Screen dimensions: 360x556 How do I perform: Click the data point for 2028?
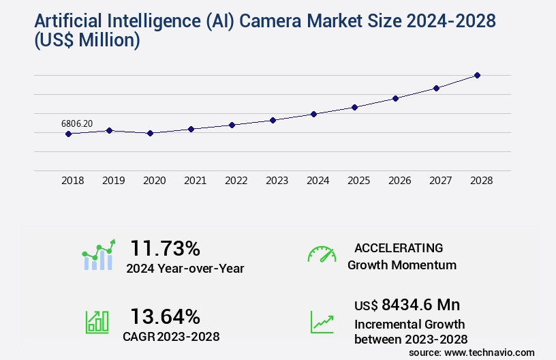[x=477, y=75]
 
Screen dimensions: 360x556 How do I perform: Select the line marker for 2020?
[x=150, y=133]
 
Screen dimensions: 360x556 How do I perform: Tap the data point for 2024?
[x=313, y=114]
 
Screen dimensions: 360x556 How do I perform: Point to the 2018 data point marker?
[x=68, y=134]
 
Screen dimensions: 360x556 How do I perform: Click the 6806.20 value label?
[x=77, y=123]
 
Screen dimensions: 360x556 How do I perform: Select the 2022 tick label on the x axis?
[x=236, y=181]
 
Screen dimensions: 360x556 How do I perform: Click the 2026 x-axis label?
[x=399, y=181]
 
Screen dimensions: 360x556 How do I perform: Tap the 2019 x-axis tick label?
[x=113, y=181]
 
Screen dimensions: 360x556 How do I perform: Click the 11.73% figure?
[x=165, y=247]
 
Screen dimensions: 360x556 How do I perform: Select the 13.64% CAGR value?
[x=165, y=316]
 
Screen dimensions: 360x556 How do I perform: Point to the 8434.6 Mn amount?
[x=411, y=305]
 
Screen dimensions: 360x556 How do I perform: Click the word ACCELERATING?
[x=399, y=247]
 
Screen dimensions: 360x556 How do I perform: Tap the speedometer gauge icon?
[x=322, y=254]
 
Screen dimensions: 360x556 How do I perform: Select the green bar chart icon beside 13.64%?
[x=97, y=322]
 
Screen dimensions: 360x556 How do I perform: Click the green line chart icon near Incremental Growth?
[x=322, y=322]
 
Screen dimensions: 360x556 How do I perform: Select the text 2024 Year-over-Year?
[x=185, y=268]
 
